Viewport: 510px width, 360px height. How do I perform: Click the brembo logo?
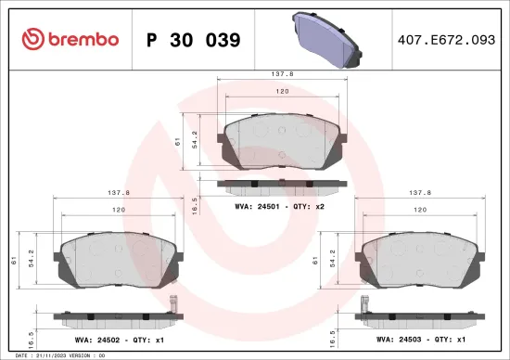(x=70, y=39)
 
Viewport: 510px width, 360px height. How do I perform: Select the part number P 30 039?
(x=194, y=40)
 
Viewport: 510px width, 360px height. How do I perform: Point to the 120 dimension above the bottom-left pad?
(x=120, y=211)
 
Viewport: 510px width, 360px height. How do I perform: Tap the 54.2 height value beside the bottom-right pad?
(x=333, y=258)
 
